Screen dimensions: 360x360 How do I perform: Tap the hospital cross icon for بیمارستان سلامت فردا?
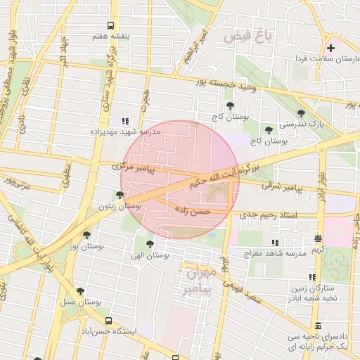pos(330,48)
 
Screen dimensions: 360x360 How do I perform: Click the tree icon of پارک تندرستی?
pos(301,112)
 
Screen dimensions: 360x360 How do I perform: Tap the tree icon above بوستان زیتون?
pos(120,195)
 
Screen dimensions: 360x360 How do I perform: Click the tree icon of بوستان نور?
pos(86,235)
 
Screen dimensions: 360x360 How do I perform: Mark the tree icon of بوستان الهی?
pos(149,244)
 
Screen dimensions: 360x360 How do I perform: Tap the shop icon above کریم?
pos(318,239)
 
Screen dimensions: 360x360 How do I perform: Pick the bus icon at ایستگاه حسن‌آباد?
pos(108,320)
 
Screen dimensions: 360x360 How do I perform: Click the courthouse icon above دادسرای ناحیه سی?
pos(318,327)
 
